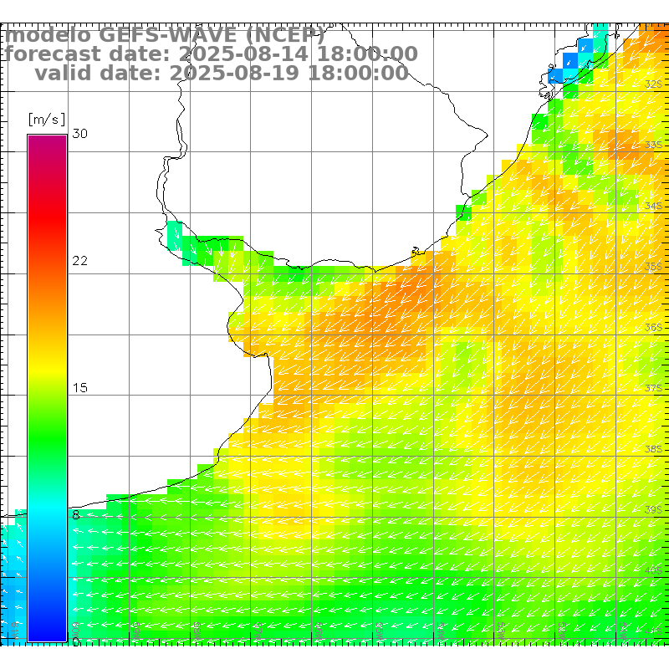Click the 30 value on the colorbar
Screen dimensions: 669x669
pyautogui.click(x=80, y=134)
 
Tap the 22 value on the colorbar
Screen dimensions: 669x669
pyautogui.click(x=80, y=261)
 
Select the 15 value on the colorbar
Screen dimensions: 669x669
pyautogui.click(x=80, y=388)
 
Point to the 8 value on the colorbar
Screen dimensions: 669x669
pyautogui.click(x=76, y=515)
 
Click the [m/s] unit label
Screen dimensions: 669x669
pyautogui.click(x=46, y=119)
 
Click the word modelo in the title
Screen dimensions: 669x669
pyautogui.click(x=48, y=36)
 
